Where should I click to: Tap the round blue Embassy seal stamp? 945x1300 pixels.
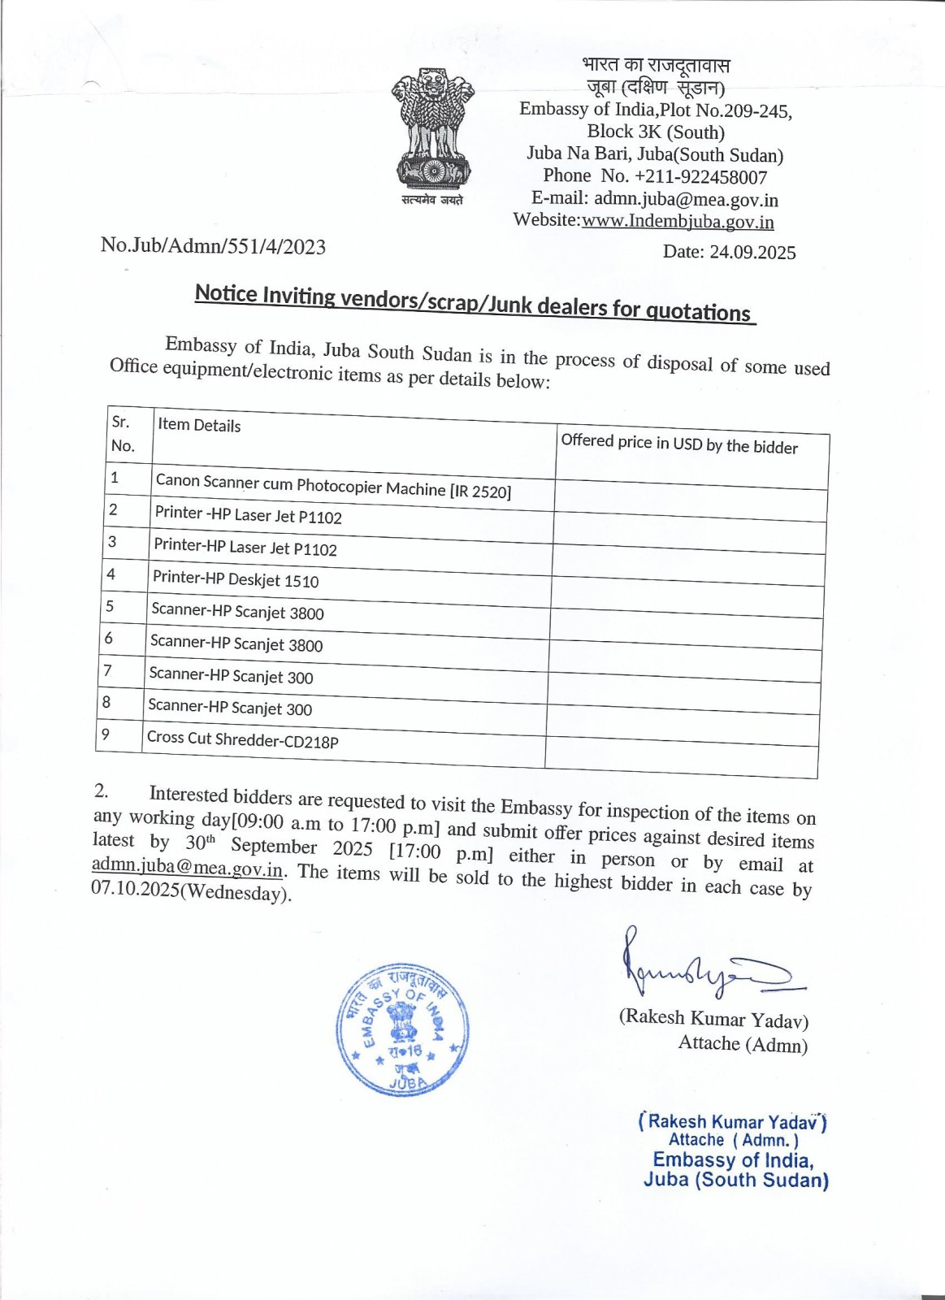403,1029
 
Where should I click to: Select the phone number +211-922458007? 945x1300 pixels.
655,176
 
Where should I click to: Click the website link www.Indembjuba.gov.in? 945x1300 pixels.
678,222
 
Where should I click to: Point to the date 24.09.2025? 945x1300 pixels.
729,252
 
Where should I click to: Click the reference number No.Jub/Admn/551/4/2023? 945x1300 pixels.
213,246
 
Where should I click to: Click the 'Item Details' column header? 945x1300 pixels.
199,425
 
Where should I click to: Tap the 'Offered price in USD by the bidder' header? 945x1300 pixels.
679,444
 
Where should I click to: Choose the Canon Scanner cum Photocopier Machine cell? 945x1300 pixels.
333,486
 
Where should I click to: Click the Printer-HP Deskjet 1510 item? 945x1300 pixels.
236,579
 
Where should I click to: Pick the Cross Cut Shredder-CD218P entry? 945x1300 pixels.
242,739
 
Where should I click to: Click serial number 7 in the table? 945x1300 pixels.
107,670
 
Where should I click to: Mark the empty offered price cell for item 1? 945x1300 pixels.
691,495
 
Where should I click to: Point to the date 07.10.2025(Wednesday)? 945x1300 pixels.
190,891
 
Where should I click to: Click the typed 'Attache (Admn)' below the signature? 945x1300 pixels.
743,1044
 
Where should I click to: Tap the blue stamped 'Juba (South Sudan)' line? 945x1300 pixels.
735,1181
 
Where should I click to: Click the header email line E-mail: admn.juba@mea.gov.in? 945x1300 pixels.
654,199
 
